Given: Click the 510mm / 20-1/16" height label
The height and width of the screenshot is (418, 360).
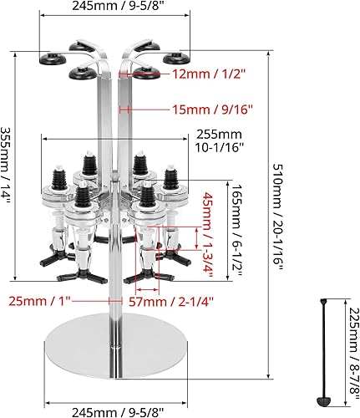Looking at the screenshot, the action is coord(278,217).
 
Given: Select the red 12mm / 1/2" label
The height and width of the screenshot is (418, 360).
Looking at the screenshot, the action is coord(210,74).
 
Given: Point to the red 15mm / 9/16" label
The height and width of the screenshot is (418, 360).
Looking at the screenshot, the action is coord(212,110).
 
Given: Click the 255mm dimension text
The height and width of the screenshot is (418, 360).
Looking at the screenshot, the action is coord(219,135).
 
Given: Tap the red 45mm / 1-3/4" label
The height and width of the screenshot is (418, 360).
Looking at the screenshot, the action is coord(209,235).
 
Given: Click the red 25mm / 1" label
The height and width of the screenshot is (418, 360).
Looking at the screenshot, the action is coord(40,301).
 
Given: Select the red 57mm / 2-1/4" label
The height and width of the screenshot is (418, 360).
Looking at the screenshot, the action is coord(171,302).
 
